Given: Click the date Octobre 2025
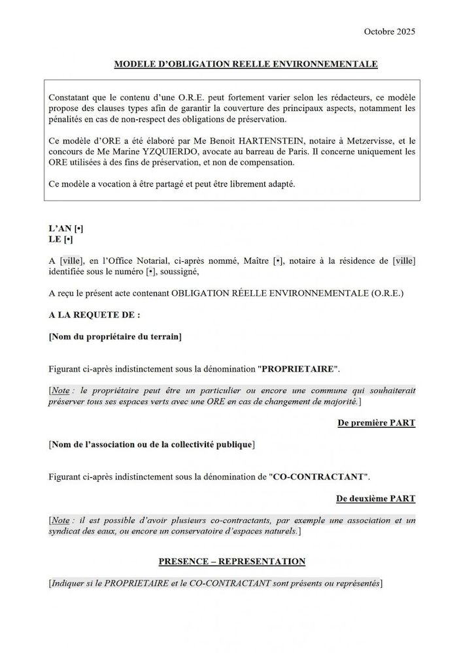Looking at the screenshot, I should click(389, 31).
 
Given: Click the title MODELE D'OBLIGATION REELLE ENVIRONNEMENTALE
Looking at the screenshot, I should click(246, 64).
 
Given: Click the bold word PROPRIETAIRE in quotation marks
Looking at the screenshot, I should click(298, 368).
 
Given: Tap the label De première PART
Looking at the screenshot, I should click(376, 422).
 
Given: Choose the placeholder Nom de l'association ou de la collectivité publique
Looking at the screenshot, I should click(152, 445).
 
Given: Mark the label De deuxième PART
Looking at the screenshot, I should click(375, 498).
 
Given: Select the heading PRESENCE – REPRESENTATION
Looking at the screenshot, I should click(232, 561).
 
